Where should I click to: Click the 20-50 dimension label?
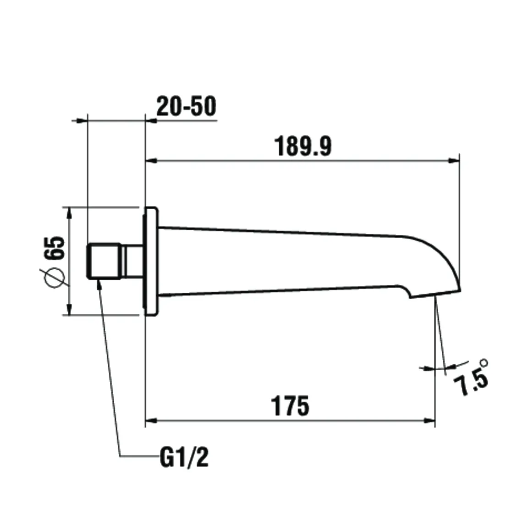coord(186,107)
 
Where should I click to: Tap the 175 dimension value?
coord(290,406)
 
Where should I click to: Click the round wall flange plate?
coord(152,262)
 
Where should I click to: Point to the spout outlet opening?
coord(434,295)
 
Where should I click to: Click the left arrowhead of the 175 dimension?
coord(151,420)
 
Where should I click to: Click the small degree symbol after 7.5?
coord(484,363)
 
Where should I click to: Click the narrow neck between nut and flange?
coord(133,261)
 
